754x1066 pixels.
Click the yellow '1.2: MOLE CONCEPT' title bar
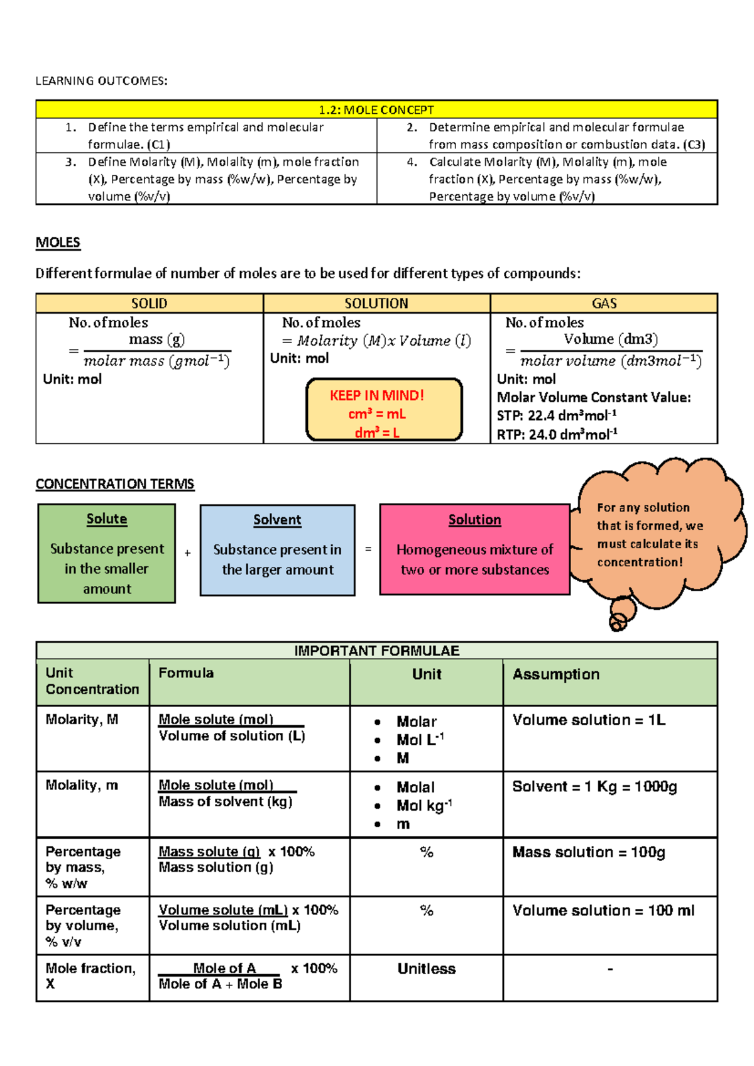(376, 110)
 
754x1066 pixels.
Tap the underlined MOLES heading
(58, 243)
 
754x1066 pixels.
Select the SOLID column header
(149, 304)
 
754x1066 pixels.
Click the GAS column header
(604, 304)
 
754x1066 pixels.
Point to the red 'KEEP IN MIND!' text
(377, 395)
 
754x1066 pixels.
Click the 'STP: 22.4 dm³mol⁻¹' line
(557, 415)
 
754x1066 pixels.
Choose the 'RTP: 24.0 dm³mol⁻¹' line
(557, 434)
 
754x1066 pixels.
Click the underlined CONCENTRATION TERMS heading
(115, 484)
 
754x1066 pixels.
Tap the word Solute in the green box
(107, 519)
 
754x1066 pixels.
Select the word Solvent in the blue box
(277, 520)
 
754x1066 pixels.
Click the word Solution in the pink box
(474, 520)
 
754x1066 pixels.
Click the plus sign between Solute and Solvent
(187, 553)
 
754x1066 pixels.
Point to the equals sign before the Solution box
(368, 549)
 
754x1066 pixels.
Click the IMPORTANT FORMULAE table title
(376, 651)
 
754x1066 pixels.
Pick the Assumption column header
(556, 674)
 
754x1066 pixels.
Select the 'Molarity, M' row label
(82, 720)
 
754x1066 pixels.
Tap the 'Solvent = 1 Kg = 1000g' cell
(594, 786)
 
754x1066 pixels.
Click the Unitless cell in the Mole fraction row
(427, 969)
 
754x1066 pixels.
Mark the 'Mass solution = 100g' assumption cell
(589, 852)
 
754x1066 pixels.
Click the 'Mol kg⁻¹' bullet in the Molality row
(424, 806)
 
